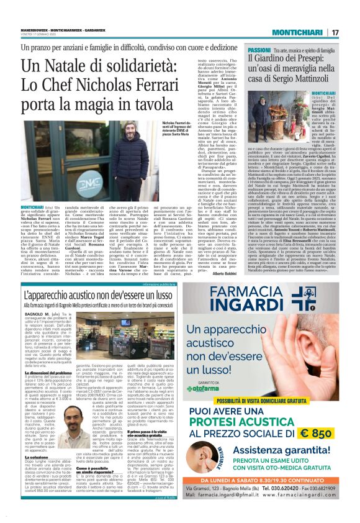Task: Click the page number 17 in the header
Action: pos(335,32)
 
